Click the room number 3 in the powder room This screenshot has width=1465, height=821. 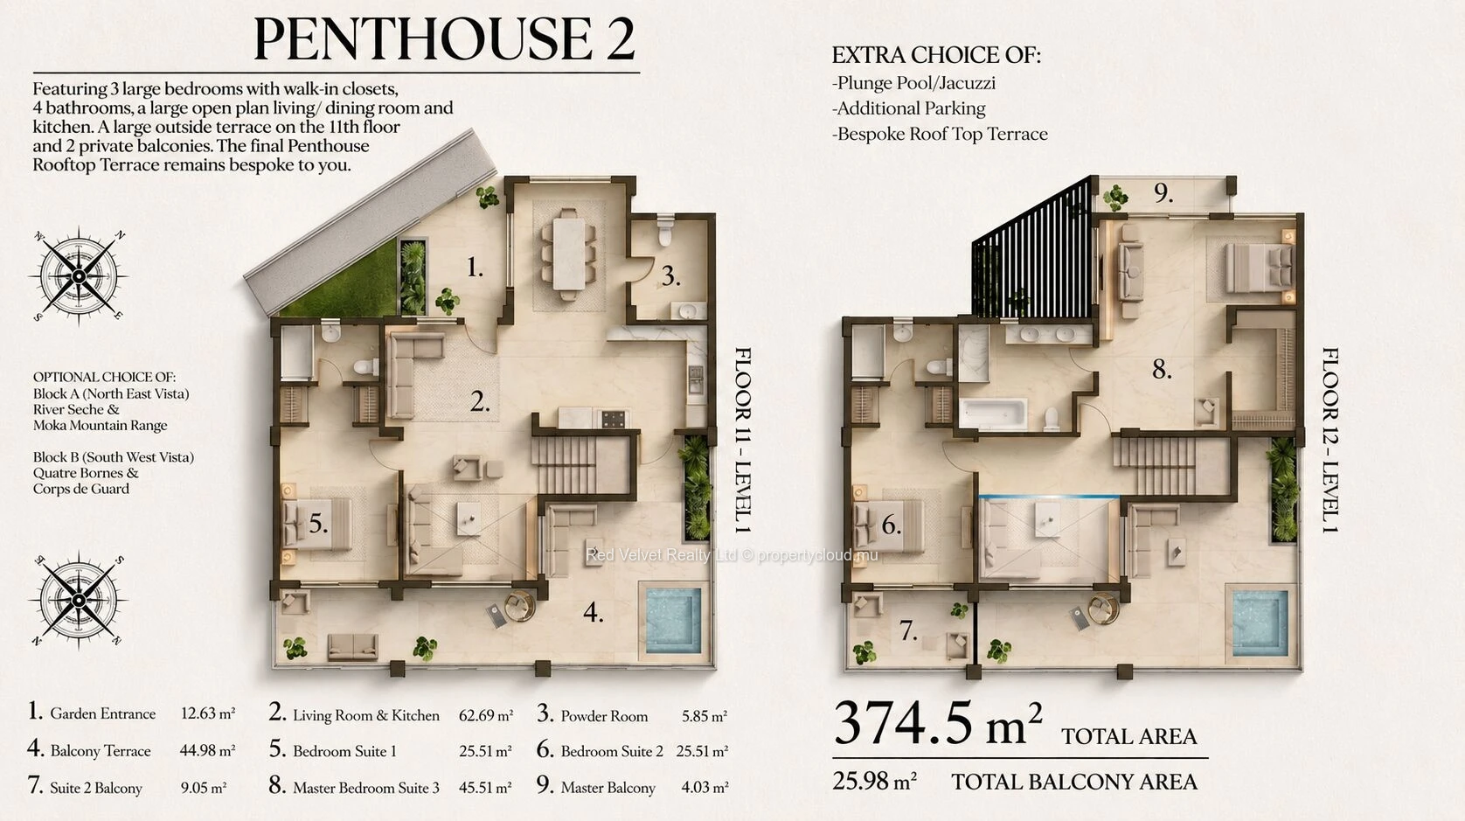tap(670, 276)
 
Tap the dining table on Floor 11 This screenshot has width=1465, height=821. tap(567, 254)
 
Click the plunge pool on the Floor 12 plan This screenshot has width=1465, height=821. tap(1260, 624)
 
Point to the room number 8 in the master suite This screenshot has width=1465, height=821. tap(1162, 370)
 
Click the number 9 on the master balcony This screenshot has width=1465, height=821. tap(1163, 193)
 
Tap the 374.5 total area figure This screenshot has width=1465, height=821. tap(928, 723)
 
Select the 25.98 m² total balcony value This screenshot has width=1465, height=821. tap(874, 781)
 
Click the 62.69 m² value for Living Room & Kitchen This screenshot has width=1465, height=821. tap(485, 715)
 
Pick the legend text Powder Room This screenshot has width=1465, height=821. tap(604, 716)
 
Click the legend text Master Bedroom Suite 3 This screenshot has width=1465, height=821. tap(366, 788)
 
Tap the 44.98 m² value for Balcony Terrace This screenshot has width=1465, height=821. tap(207, 750)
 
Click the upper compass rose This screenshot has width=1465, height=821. tap(79, 276)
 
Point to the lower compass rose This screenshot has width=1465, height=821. tap(79, 600)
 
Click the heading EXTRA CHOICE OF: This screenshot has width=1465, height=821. tap(936, 55)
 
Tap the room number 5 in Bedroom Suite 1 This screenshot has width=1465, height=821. tap(318, 524)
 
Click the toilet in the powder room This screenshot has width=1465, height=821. tap(665, 232)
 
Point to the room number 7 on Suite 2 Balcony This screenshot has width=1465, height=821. tap(908, 630)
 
